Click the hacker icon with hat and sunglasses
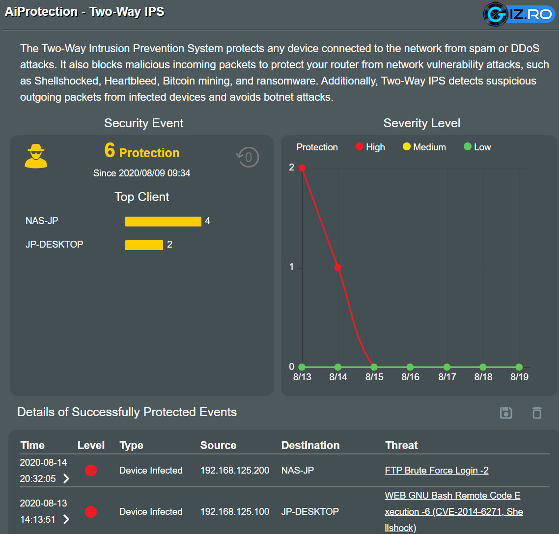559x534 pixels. click(x=36, y=156)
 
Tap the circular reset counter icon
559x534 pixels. click(x=248, y=157)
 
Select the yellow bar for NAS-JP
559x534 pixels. click(x=163, y=222)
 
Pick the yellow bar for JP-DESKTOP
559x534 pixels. click(x=144, y=245)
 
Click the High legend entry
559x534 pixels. click(x=370, y=147)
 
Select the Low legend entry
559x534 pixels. click(x=477, y=147)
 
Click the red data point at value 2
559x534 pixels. click(x=302, y=168)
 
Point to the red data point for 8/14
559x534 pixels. click(x=338, y=268)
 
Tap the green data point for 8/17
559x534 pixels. click(x=447, y=367)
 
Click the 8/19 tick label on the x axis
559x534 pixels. click(x=520, y=377)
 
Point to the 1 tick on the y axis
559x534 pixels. click(x=292, y=267)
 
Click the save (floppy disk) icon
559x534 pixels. click(x=506, y=413)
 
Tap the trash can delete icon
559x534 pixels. click(x=537, y=413)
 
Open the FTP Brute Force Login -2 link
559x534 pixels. click(x=436, y=470)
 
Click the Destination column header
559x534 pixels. click(x=310, y=445)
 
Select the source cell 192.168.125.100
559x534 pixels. click(x=235, y=511)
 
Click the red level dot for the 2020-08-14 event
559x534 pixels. click(x=91, y=470)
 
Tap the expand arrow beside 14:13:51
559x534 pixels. click(x=66, y=519)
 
